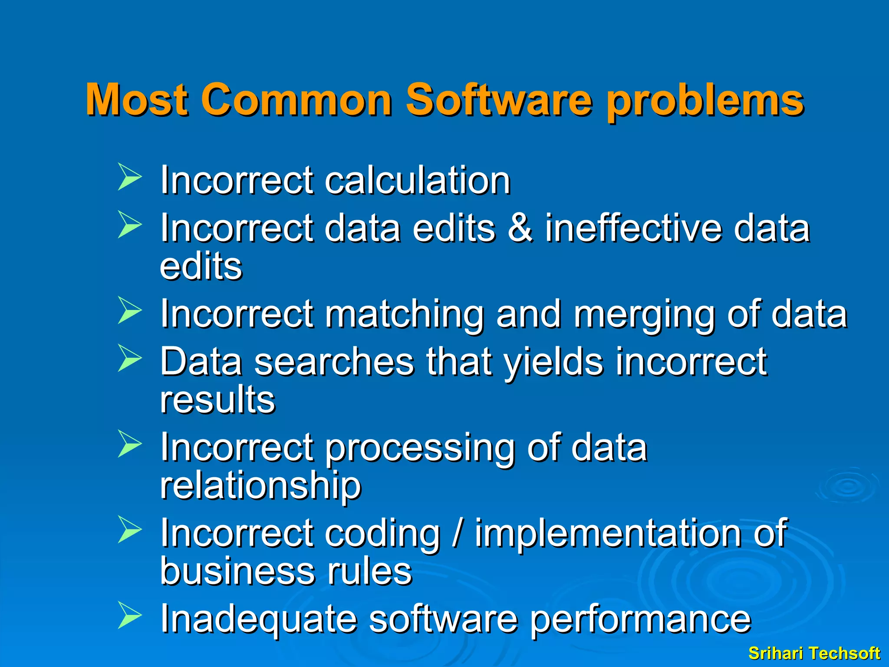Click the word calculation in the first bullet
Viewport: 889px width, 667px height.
tap(417, 180)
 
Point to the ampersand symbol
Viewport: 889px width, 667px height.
tap(520, 228)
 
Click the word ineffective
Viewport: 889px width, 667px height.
tap(633, 228)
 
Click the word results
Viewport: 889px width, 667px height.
tap(217, 400)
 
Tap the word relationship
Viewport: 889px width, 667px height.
tap(260, 486)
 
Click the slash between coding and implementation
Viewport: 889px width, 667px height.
tap(457, 533)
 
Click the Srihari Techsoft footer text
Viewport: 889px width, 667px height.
tap(814, 653)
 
